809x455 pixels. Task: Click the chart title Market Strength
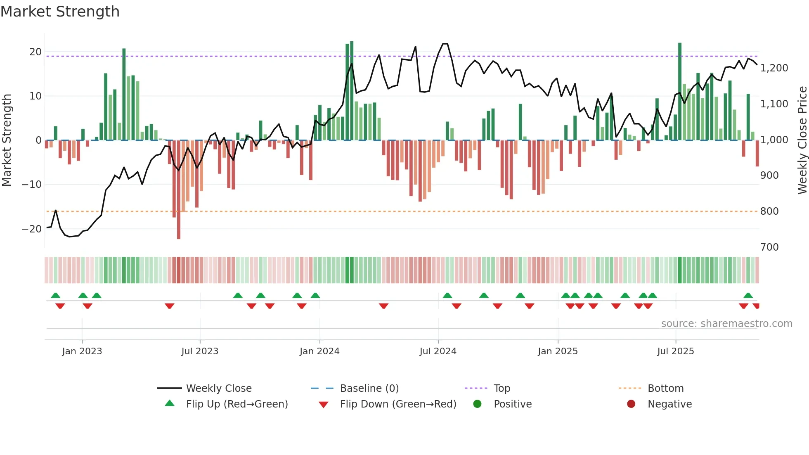(x=60, y=12)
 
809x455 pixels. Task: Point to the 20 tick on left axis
(x=35, y=52)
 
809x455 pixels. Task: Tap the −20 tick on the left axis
(x=32, y=229)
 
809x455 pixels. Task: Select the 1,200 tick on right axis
(x=774, y=68)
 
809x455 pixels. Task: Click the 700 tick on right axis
(x=769, y=247)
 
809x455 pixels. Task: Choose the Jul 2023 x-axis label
(x=200, y=351)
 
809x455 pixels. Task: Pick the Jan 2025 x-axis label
(x=558, y=351)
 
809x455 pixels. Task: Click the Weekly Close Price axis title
(x=802, y=140)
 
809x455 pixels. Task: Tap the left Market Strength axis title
(x=7, y=140)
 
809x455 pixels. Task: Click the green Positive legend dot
(x=477, y=404)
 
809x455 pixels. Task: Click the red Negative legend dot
(x=631, y=404)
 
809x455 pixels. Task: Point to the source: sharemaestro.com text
(x=726, y=324)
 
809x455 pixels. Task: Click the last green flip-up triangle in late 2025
(x=748, y=295)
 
